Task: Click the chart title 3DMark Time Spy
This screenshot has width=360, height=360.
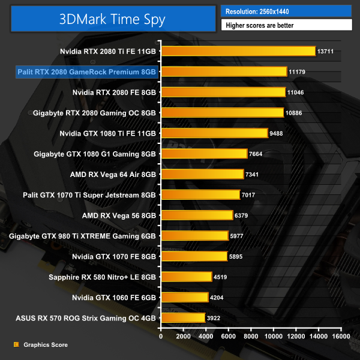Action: click(x=112, y=18)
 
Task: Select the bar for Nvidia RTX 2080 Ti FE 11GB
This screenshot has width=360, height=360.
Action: click(x=238, y=51)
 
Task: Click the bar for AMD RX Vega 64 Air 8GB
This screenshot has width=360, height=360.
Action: click(x=202, y=174)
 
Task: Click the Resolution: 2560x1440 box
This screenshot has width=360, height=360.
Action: click(x=286, y=11)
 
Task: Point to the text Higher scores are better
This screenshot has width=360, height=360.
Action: click(x=286, y=25)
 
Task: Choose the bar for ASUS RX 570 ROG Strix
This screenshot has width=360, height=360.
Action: click(x=182, y=317)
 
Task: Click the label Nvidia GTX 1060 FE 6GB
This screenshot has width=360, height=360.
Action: click(x=115, y=297)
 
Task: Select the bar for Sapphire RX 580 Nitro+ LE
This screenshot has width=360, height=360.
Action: click(x=186, y=277)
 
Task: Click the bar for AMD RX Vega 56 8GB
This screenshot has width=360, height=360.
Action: click(x=196, y=215)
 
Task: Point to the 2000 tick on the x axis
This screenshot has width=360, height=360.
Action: click(x=183, y=337)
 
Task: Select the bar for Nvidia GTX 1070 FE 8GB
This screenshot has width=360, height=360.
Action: click(x=194, y=256)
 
